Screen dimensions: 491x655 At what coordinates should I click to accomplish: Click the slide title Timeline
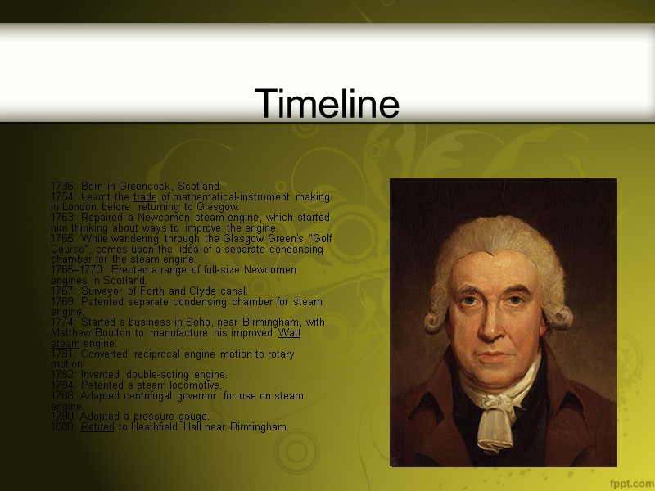327,104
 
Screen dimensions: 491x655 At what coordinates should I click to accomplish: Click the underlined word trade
144,197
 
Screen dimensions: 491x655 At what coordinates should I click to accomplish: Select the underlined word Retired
97,426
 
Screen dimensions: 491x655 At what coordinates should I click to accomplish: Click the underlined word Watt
289,333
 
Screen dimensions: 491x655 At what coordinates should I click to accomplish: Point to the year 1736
63,187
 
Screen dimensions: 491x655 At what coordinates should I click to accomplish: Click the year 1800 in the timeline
63,426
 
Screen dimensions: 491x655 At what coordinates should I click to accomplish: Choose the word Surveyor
104,291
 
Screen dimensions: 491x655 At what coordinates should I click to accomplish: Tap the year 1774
63,322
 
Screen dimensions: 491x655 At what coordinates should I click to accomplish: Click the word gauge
192,416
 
